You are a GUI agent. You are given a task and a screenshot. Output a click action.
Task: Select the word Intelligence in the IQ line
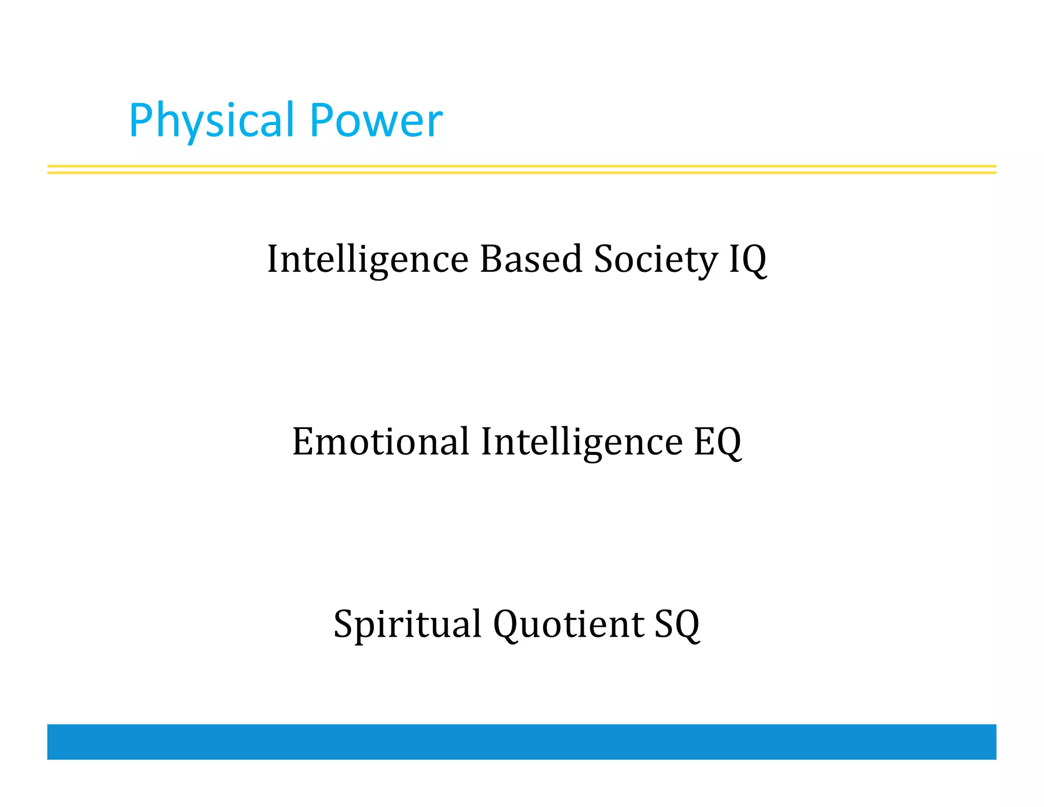(x=368, y=259)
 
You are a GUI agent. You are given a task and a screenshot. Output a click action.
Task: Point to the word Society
(x=656, y=259)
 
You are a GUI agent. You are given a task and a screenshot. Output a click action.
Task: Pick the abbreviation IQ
(x=748, y=259)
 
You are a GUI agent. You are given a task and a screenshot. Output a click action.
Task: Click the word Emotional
(x=380, y=441)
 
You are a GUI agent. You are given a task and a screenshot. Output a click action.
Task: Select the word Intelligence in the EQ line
(x=582, y=442)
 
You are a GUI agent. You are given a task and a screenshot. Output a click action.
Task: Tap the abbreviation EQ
(x=718, y=442)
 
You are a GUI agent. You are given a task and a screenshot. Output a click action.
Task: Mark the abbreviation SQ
(x=677, y=624)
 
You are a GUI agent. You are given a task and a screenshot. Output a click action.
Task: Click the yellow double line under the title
(x=521, y=169)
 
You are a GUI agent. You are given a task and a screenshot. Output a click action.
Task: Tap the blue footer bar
(x=521, y=742)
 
